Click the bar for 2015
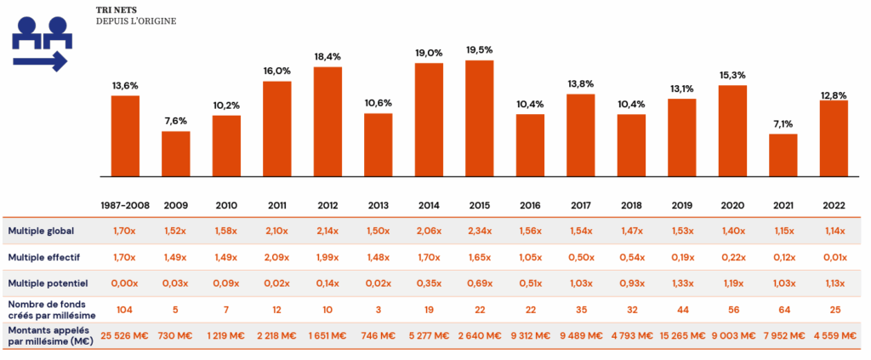(480, 118)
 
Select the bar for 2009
(176, 154)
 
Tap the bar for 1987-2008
(125, 136)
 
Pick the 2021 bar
(783, 155)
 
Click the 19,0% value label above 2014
(429, 53)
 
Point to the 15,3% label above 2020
(732, 75)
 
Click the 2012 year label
(327, 206)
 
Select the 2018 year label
(631, 206)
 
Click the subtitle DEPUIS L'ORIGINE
(135, 20)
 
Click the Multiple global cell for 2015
(480, 231)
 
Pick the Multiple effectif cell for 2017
(580, 256)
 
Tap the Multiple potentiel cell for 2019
(681, 282)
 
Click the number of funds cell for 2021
(783, 308)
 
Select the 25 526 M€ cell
(125, 335)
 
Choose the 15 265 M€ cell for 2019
(681, 335)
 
